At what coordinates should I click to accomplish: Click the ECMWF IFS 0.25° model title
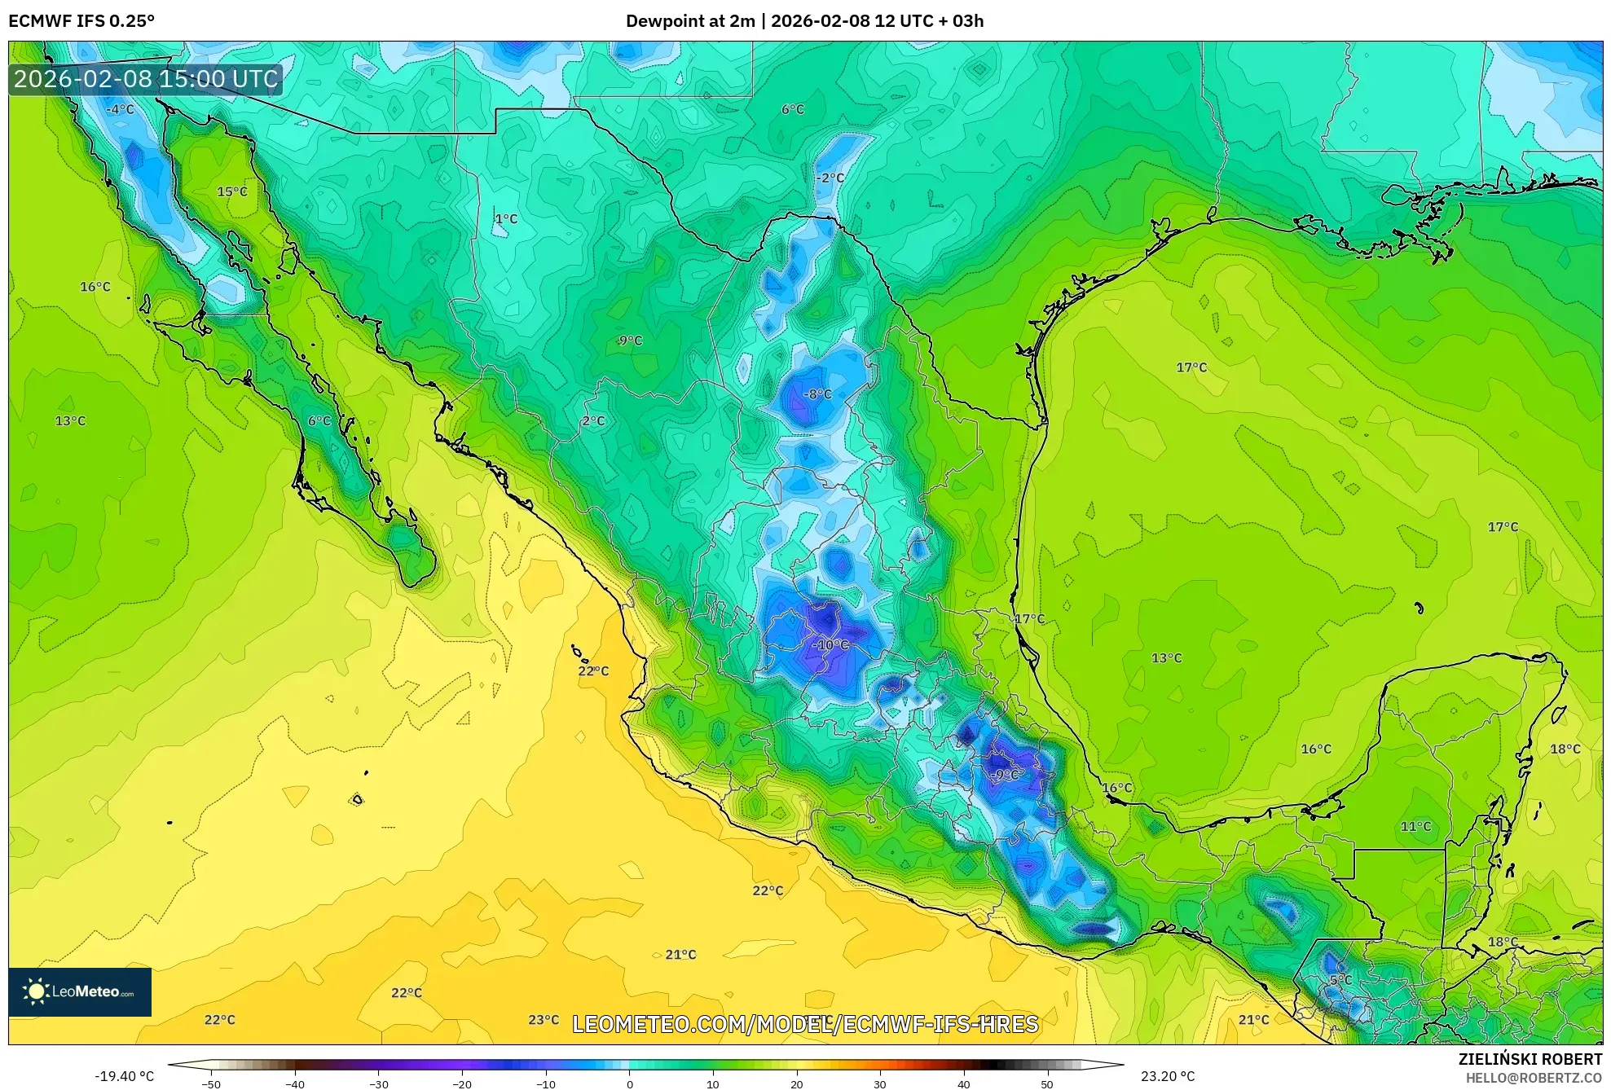(x=81, y=21)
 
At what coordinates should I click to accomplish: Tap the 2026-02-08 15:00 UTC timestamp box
(x=146, y=79)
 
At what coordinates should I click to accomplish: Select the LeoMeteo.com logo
(x=80, y=991)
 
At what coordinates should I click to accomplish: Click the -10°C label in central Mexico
(x=830, y=644)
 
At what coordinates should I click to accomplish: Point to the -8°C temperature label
(x=817, y=394)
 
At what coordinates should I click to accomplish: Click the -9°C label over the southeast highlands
(x=1006, y=775)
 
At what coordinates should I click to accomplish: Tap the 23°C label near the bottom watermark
(x=544, y=1020)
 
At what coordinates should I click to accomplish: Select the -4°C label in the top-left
(x=120, y=109)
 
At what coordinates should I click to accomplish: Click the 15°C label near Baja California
(x=232, y=191)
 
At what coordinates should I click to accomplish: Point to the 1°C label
(x=506, y=218)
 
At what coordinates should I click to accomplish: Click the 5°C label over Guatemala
(x=1340, y=980)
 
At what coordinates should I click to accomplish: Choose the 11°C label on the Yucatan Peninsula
(x=1415, y=826)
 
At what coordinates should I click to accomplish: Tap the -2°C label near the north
(x=830, y=178)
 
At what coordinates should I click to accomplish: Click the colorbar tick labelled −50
(x=211, y=1083)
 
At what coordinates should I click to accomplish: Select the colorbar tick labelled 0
(x=629, y=1083)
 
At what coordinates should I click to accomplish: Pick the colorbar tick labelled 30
(x=880, y=1083)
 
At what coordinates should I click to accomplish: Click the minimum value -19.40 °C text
(x=124, y=1076)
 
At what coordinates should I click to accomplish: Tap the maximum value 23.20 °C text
(x=1168, y=1076)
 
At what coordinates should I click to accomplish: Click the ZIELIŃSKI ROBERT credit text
(x=1530, y=1059)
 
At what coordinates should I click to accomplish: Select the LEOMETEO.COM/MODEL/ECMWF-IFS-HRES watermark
(x=805, y=1024)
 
